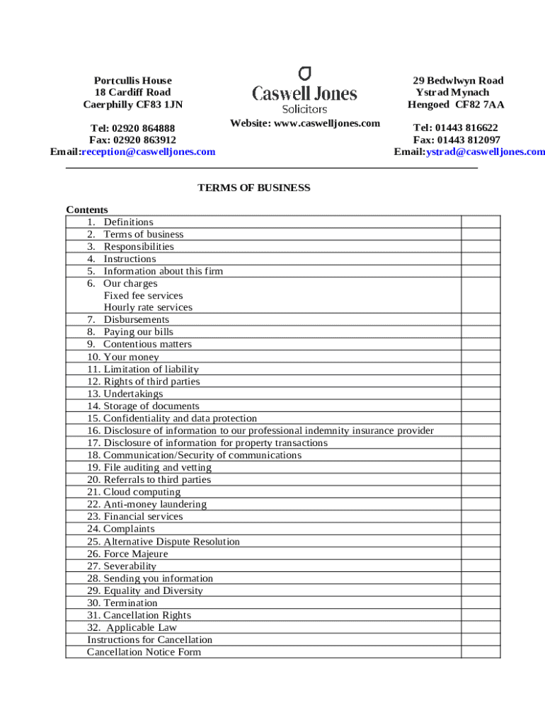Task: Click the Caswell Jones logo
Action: point(305,90)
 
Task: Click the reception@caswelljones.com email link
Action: point(149,152)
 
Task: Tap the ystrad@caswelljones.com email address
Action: point(485,152)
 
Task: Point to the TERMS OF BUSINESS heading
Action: point(253,188)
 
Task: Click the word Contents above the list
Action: point(87,210)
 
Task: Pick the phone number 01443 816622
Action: point(466,128)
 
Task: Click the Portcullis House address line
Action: point(133,81)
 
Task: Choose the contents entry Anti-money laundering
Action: point(155,504)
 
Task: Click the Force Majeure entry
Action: point(136,554)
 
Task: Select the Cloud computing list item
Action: point(142,492)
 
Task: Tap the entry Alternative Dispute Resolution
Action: point(171,542)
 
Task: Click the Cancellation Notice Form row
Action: point(144,652)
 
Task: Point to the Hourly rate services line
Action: point(148,307)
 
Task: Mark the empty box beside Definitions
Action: point(481,222)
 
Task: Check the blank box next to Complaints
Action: point(481,529)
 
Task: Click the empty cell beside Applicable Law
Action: point(481,627)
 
